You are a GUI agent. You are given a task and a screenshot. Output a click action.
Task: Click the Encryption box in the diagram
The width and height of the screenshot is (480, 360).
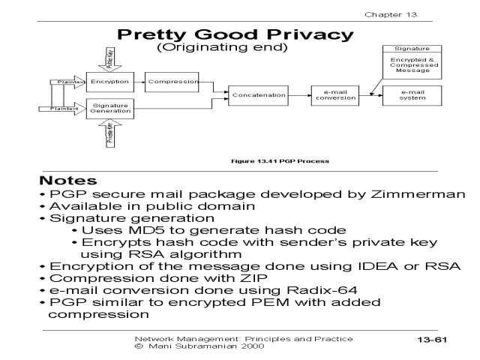coord(109,81)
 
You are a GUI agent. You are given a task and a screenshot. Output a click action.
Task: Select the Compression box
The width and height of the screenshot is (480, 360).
coord(172,81)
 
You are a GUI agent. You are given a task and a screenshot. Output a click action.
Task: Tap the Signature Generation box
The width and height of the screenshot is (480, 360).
coord(109,108)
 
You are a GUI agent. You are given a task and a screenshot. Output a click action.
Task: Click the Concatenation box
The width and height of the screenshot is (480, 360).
coord(259,95)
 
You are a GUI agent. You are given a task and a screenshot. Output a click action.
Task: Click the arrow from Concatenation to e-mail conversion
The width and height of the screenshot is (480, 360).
coord(298,94)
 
